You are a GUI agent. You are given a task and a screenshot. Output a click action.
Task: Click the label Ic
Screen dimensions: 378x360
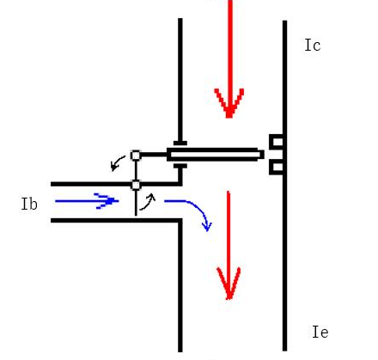coord(313,46)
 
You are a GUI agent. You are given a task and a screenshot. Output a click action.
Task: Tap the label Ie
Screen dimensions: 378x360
coord(320,332)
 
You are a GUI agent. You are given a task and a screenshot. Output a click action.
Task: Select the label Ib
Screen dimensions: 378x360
coord(29,204)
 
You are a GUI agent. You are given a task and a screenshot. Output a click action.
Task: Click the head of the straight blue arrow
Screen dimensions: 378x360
coord(107,201)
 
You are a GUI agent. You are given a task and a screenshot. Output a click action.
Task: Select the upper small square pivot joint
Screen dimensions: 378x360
coord(136,156)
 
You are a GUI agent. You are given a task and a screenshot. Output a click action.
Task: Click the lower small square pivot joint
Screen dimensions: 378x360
coord(136,185)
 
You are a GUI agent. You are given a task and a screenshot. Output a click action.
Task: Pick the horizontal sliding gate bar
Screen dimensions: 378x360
coord(216,155)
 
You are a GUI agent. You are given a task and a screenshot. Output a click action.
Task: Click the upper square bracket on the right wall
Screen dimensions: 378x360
coord(277,142)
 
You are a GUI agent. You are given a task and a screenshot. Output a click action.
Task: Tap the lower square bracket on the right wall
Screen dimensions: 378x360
coord(277,167)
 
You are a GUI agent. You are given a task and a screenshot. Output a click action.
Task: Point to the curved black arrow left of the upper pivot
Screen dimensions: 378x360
coord(117,162)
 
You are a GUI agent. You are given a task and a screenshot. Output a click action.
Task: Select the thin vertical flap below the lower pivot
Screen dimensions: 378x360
coord(136,203)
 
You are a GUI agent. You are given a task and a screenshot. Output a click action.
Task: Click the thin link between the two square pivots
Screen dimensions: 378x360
coord(136,170)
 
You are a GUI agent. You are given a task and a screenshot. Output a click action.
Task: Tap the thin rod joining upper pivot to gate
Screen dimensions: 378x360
coord(154,155)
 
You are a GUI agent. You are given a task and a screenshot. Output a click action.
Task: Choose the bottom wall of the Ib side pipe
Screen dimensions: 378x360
coord(116,221)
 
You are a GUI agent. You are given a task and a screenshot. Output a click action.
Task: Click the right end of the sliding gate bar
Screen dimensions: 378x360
coord(264,155)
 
